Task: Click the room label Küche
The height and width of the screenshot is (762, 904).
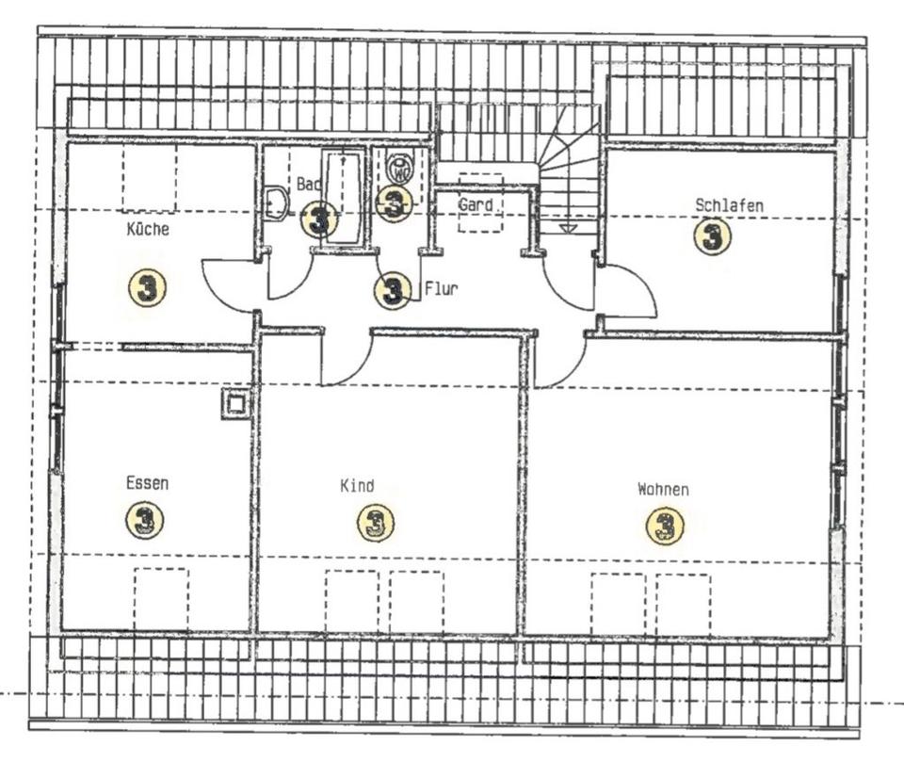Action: [x=149, y=229]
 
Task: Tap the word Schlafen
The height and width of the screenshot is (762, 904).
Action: [x=729, y=204]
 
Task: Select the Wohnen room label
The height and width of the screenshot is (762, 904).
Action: [x=663, y=490]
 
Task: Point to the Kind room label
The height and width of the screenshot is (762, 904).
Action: [x=357, y=486]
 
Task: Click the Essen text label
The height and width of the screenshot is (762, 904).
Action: [x=148, y=483]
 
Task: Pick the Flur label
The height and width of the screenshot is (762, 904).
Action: [x=441, y=289]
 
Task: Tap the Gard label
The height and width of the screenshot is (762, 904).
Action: [x=476, y=204]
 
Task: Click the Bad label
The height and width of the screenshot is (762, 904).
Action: [x=308, y=185]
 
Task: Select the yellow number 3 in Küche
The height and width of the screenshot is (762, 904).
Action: [x=147, y=287]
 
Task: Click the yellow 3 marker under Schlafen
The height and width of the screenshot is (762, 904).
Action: [x=712, y=236]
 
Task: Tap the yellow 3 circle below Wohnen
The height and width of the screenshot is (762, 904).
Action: [x=665, y=526]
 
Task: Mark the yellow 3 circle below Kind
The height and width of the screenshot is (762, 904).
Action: [x=375, y=523]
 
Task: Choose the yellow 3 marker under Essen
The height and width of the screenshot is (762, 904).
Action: [x=145, y=519]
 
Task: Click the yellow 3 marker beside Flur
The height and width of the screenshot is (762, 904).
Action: [x=393, y=291]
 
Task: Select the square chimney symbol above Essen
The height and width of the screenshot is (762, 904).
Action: [x=235, y=404]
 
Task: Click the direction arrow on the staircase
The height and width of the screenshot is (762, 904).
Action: [x=567, y=228]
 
